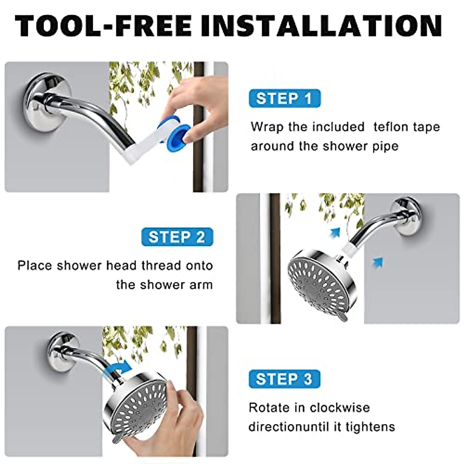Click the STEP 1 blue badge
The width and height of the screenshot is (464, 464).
point(285,99)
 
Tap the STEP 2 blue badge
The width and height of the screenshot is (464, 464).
point(177,237)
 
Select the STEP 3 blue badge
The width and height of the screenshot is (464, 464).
point(284,379)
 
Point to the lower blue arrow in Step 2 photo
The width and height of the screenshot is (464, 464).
point(377,262)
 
